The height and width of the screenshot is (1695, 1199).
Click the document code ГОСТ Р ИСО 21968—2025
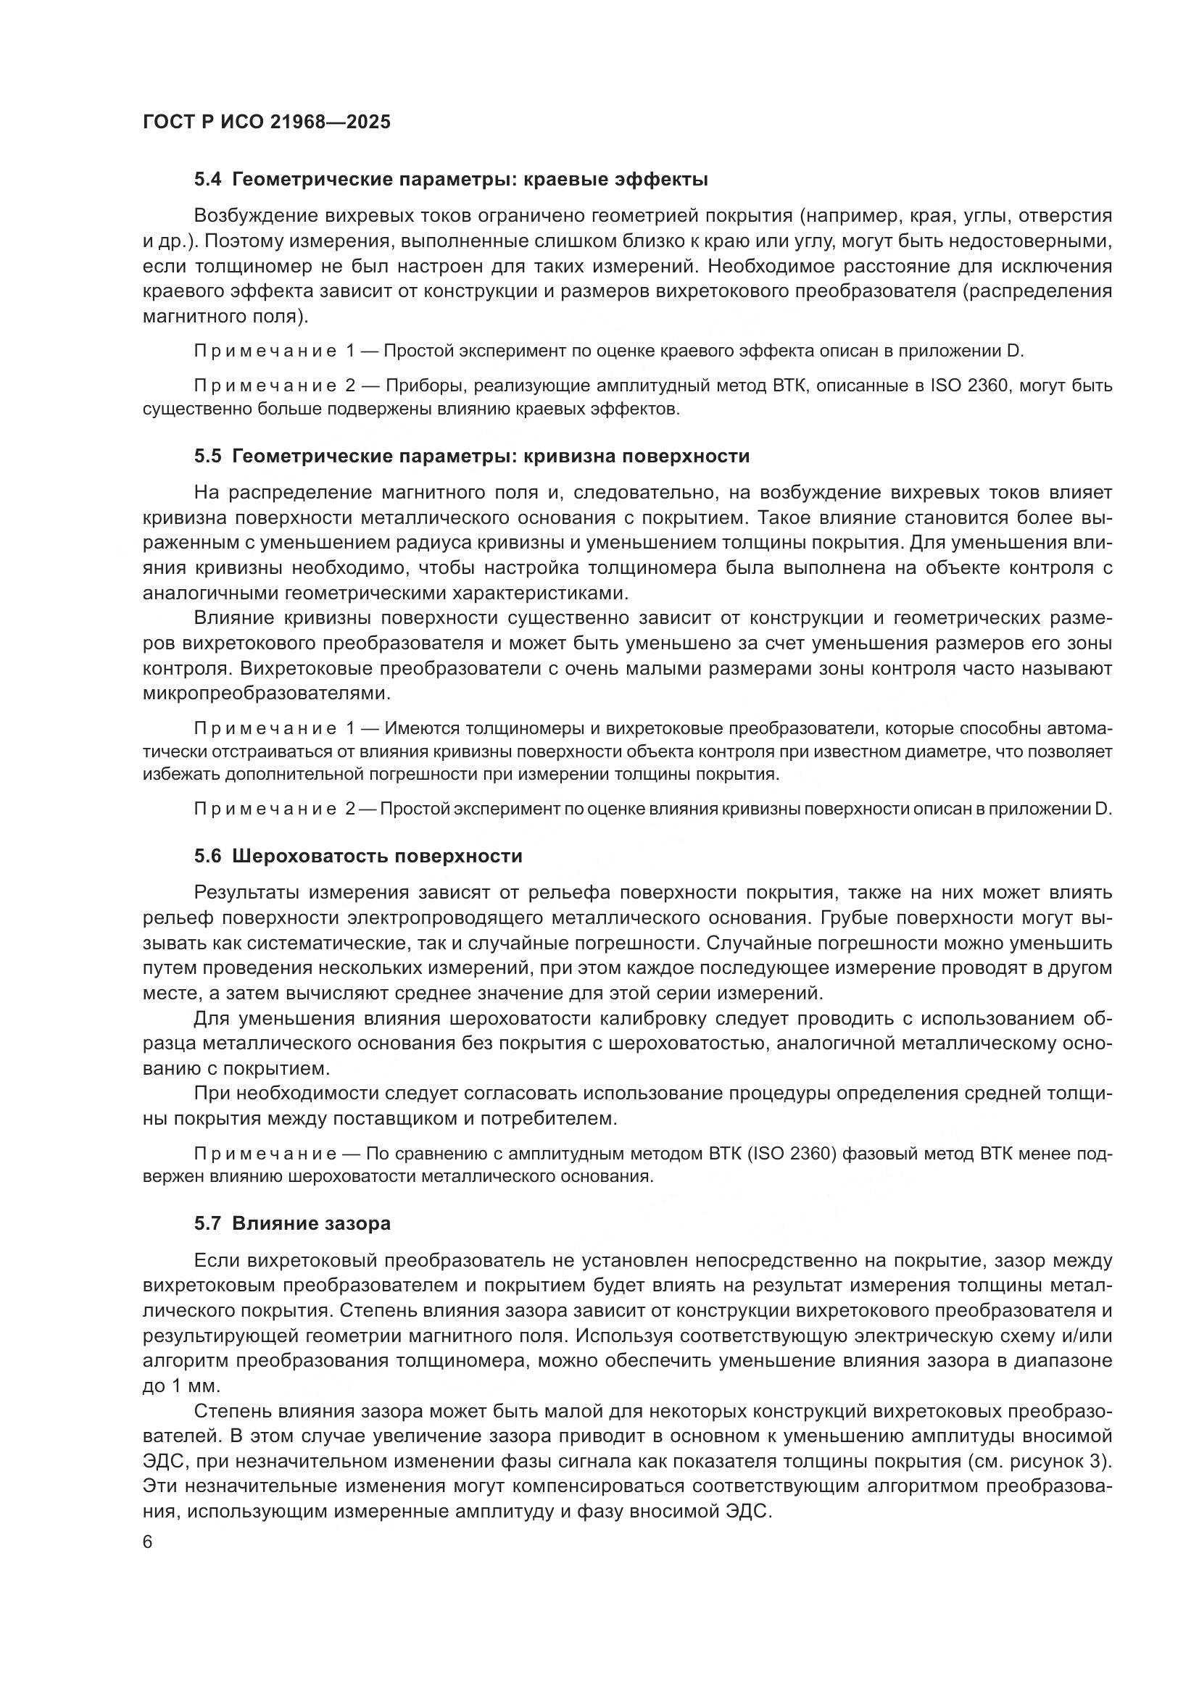coord(267,122)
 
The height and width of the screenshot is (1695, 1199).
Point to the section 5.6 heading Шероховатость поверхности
coord(376,857)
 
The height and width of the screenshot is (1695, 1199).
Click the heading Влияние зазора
coord(311,1223)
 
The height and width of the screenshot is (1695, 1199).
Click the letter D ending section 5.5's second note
coord(1103,809)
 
